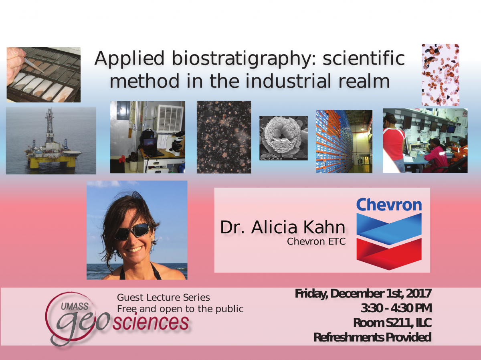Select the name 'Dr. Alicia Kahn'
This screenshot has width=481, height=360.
coord(283,227)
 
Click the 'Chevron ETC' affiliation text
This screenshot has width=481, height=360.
coord(316,241)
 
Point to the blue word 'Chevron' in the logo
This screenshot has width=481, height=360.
coord(389,204)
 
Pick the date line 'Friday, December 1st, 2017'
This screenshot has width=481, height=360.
coord(363,293)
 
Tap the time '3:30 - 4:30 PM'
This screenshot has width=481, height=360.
coord(396,308)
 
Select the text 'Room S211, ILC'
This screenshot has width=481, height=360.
coord(392,323)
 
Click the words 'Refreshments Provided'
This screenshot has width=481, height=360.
coord(372,337)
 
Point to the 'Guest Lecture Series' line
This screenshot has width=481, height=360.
coord(164,297)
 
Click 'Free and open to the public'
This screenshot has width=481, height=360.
coord(180,309)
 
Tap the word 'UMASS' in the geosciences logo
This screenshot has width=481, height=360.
coord(75,306)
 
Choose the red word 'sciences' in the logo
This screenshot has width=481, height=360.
coord(151,323)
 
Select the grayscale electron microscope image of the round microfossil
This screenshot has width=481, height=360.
coord(283,138)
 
